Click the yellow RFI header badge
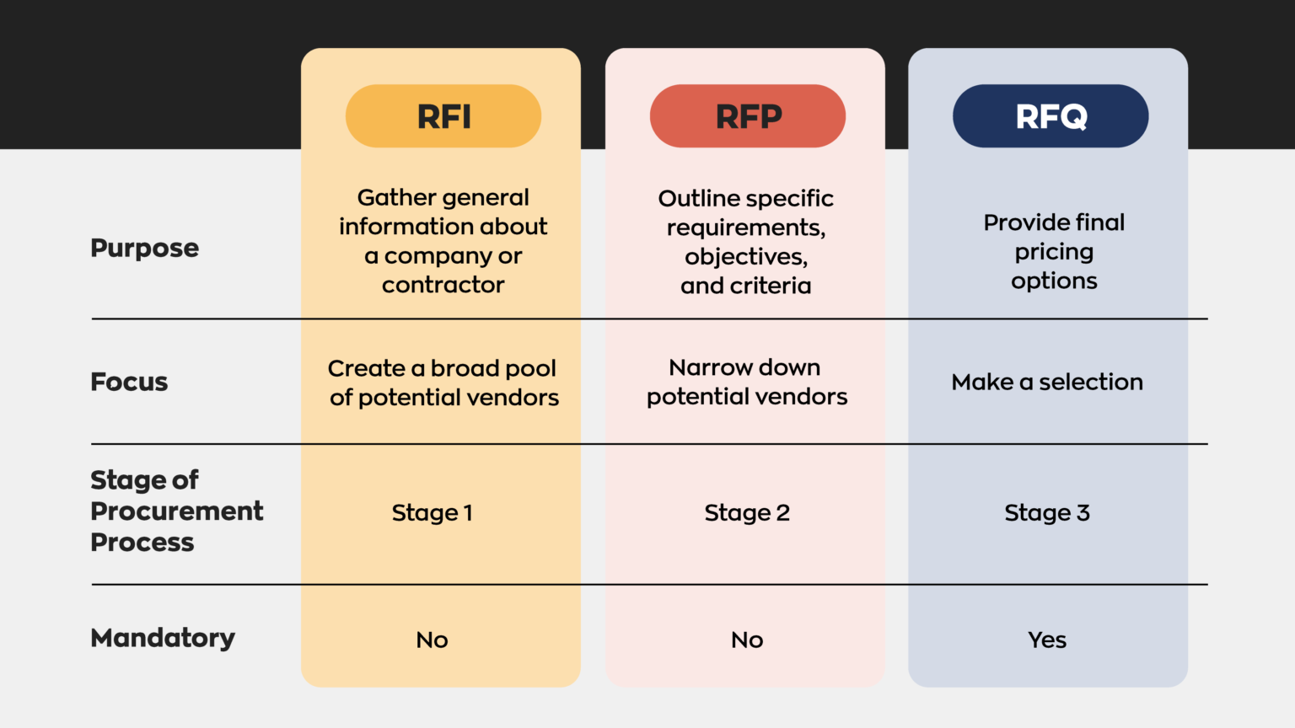pyautogui.click(x=443, y=116)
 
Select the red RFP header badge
pyautogui.click(x=748, y=116)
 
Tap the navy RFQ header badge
pyautogui.click(x=1051, y=116)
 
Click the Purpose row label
pyautogui.click(x=144, y=249)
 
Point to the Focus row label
pyautogui.click(x=129, y=382)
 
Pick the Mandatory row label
pyautogui.click(x=163, y=638)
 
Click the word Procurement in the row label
pyautogui.click(x=177, y=511)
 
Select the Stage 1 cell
pyautogui.click(x=432, y=512)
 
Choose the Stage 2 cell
pyautogui.click(x=747, y=512)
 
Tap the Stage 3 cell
pyautogui.click(x=1047, y=512)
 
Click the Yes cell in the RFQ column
pyautogui.click(x=1047, y=640)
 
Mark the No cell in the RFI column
pyautogui.click(x=432, y=640)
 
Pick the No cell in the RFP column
pyautogui.click(x=747, y=640)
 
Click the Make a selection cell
pyautogui.click(x=1047, y=382)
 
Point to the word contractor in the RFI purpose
pyautogui.click(x=443, y=285)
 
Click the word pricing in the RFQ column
pyautogui.click(x=1054, y=252)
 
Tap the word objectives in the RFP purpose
pyautogui.click(x=746, y=256)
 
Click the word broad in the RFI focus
pyautogui.click(x=465, y=368)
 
